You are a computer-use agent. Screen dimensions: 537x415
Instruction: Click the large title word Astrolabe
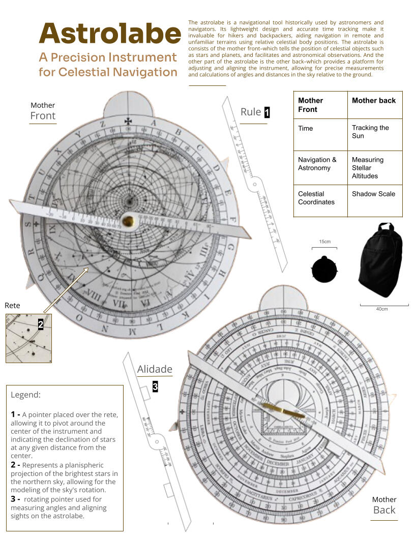click(x=110, y=33)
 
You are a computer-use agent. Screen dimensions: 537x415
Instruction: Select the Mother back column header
click(x=373, y=101)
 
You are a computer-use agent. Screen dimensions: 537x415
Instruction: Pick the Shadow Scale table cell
click(x=373, y=194)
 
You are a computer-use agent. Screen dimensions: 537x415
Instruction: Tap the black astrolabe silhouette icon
click(x=323, y=270)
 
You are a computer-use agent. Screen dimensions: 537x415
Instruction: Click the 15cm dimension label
click(x=324, y=241)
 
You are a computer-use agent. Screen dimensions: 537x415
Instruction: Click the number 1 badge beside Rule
click(x=266, y=112)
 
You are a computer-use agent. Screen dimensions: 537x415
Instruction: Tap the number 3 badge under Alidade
click(x=155, y=387)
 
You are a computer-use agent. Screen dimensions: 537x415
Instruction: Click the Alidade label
click(x=155, y=369)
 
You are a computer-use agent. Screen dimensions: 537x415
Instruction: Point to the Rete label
click(x=13, y=306)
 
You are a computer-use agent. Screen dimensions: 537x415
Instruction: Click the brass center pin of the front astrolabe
click(x=128, y=221)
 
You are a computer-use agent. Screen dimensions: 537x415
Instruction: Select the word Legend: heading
click(x=25, y=395)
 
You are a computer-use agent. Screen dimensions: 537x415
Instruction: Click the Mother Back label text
click(x=384, y=505)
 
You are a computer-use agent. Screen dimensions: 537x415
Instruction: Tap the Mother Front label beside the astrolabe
click(x=43, y=111)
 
